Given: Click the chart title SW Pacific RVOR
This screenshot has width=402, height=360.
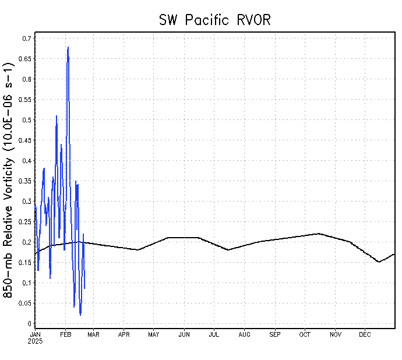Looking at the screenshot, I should [215, 20].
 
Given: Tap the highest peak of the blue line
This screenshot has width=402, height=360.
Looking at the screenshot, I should [68, 47].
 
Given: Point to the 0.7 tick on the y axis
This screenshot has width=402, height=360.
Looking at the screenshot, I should [27, 38].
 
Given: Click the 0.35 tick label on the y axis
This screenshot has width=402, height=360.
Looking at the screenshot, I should [25, 181].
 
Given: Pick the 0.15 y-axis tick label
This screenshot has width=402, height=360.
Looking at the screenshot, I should [25, 263].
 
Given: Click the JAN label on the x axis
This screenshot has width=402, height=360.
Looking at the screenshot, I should [36, 334].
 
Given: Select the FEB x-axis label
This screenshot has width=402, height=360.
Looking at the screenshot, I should [66, 334].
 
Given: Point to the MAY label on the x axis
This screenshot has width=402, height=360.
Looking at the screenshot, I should [154, 334].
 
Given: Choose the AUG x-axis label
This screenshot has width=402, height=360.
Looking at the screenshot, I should [245, 334].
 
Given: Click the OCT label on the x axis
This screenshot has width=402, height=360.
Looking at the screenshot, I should [305, 334].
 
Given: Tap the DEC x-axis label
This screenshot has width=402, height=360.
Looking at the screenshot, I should [365, 334].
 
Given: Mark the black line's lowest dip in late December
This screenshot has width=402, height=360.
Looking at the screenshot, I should [379, 262].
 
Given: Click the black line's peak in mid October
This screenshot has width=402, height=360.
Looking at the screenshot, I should [319, 234].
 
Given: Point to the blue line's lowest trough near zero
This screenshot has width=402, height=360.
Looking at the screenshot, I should [80, 315].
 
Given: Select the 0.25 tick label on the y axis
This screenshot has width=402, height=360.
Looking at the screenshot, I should [25, 222].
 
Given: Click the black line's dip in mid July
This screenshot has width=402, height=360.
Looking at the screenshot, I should [228, 250].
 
